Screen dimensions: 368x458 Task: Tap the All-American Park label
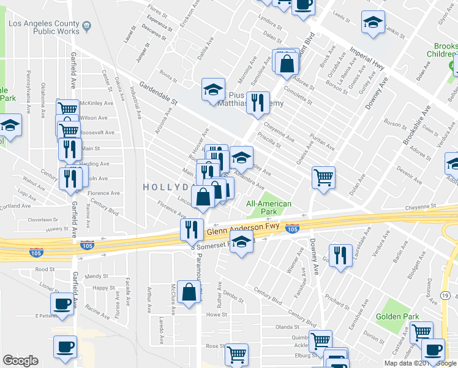(x=268, y=207)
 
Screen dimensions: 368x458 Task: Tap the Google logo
(x=20, y=360)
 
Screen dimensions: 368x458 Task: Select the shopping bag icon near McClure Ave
(x=190, y=294)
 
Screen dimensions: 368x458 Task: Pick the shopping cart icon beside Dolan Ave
(x=323, y=178)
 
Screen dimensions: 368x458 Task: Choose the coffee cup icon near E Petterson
(x=62, y=303)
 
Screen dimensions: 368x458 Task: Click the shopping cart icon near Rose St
(x=236, y=354)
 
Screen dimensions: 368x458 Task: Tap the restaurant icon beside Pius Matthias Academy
(x=258, y=102)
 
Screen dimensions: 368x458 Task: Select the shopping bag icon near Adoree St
(x=287, y=63)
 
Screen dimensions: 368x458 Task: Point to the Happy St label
(x=103, y=288)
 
